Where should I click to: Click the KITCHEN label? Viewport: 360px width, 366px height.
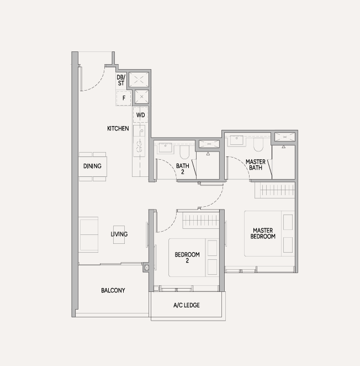point(118,128)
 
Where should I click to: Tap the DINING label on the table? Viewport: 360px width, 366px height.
point(92,166)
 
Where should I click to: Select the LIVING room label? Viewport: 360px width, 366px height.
point(119,234)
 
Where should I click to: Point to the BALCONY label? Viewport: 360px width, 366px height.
point(113,290)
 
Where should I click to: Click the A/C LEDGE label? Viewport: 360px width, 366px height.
point(187,305)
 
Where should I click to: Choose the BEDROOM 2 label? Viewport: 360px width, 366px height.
point(187,257)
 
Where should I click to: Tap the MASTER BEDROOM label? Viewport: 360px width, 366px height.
point(263,233)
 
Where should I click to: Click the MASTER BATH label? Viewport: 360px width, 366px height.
point(256,165)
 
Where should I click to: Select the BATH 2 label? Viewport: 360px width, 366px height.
point(183,169)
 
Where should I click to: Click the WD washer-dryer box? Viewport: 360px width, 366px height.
point(140,115)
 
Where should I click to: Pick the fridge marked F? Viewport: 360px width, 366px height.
point(124,98)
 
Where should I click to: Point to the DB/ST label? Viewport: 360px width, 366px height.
point(121,80)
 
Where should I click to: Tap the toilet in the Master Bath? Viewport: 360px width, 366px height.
point(258,144)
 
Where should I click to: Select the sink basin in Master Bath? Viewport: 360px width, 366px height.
point(237,140)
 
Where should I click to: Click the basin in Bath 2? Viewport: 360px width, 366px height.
point(165,148)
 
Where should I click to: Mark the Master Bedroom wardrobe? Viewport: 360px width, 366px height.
point(275,190)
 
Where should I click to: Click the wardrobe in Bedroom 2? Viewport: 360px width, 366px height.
point(200,220)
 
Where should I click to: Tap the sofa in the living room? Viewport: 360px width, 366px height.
point(88,234)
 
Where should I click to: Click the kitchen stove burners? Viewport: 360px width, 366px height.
point(139,147)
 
